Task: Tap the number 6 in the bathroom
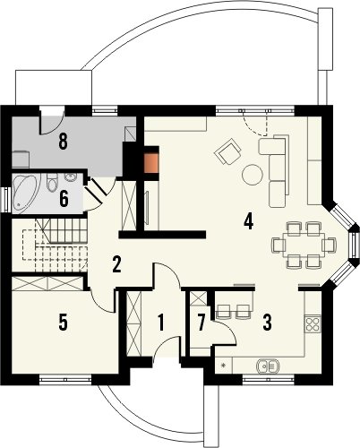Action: pyautogui.click(x=64, y=199)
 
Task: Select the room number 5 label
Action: pyautogui.click(x=63, y=323)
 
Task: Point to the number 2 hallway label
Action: pyautogui.click(x=116, y=264)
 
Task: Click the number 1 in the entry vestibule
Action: pyautogui.click(x=161, y=323)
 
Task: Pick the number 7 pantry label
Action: pyautogui.click(x=201, y=323)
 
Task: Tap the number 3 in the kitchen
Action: pyautogui.click(x=267, y=323)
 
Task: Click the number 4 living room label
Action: pyautogui.click(x=248, y=222)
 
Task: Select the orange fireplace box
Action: pyautogui.click(x=151, y=163)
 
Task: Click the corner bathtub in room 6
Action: pyautogui.click(x=26, y=193)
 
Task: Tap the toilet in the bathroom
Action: pyautogui.click(x=52, y=182)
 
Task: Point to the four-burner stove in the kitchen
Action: pyautogui.click(x=313, y=324)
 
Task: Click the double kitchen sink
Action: pyautogui.click(x=268, y=366)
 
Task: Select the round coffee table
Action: pyautogui.click(x=253, y=175)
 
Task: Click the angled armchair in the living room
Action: pyautogui.click(x=227, y=151)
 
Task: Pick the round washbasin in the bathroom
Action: pyautogui.click(x=71, y=177)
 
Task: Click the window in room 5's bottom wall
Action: pyautogui.click(x=65, y=379)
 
